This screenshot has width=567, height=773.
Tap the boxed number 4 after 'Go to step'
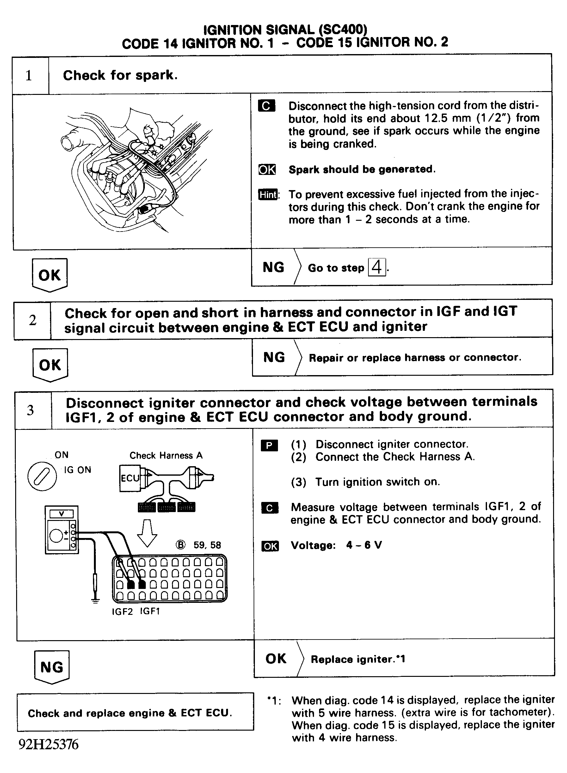coord(377,267)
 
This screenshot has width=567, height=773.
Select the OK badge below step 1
coord(49,275)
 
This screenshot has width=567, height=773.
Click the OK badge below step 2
coord(50,365)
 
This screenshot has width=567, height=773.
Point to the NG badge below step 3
coord(52,667)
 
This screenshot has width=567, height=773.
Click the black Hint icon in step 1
coord(268,195)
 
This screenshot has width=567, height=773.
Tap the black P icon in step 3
coord(269,446)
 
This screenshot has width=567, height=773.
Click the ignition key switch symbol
coord(42,476)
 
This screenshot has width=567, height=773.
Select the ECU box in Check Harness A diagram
coord(130,478)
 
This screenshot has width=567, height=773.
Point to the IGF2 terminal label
coord(122,611)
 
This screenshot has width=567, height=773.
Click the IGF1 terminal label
coord(150,611)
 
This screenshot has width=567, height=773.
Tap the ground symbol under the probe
coord(96,600)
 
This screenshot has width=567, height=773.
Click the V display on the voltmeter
coord(61,514)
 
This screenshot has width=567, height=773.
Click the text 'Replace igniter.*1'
coord(358,659)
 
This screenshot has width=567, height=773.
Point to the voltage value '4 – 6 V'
coord(364,545)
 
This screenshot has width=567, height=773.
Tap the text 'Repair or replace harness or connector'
coord(415,358)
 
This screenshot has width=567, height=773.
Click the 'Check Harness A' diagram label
coord(166,455)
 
